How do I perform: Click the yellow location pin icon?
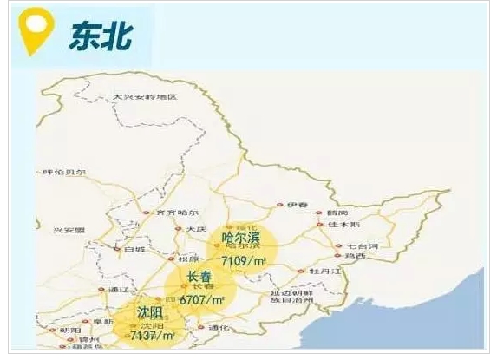(x=35, y=32)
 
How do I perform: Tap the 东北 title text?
(x=103, y=36)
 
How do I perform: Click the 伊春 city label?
(x=298, y=205)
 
